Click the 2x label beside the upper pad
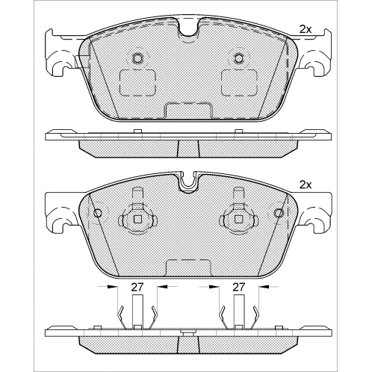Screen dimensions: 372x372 (306, 30)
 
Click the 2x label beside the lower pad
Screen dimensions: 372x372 (306, 185)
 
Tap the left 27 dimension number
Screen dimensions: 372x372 (137, 287)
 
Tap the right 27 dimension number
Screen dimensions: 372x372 (239, 287)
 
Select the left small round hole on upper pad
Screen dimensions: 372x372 (137, 58)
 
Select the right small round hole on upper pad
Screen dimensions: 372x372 (239, 58)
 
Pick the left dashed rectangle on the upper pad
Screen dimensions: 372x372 (137, 83)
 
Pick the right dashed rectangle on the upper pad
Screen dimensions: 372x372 (239, 83)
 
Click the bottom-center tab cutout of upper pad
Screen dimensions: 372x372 (188, 111)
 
